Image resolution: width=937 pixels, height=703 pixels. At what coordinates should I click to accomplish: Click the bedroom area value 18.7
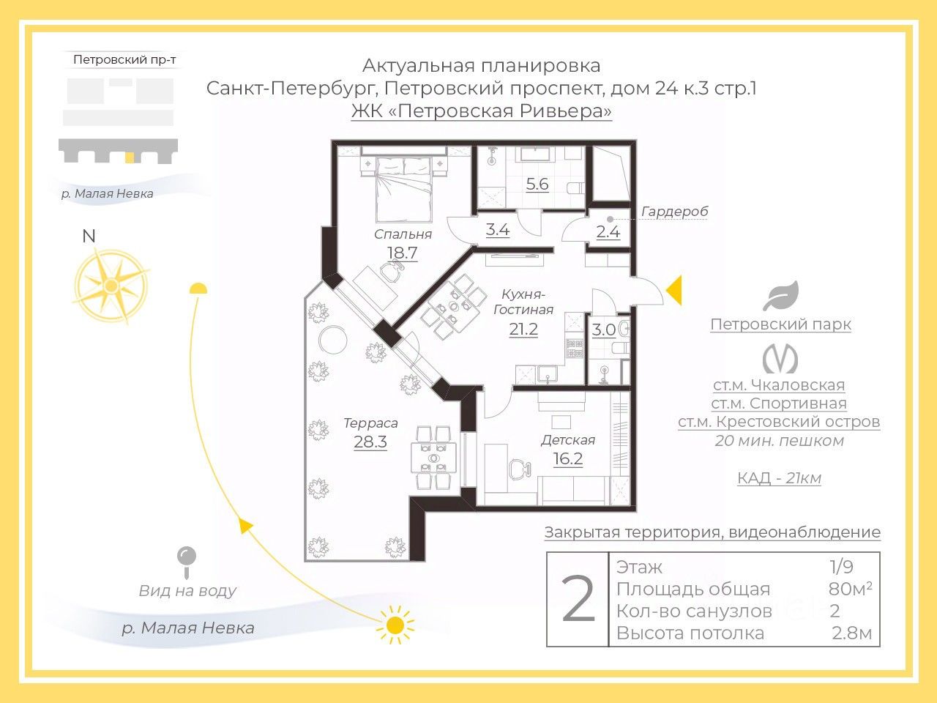(x=402, y=253)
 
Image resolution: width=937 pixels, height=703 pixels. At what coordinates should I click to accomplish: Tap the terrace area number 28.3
(x=370, y=442)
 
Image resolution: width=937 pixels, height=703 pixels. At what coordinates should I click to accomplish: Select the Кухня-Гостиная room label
(x=523, y=302)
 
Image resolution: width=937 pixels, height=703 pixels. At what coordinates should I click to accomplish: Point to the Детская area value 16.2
(x=568, y=459)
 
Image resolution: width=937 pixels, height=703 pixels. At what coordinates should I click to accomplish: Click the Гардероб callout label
(x=674, y=211)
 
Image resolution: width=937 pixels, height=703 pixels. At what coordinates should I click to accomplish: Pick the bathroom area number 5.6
(x=537, y=184)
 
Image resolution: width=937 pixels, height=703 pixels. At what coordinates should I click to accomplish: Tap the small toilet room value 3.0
(x=604, y=330)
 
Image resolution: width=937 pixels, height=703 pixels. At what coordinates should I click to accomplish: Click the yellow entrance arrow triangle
(x=674, y=290)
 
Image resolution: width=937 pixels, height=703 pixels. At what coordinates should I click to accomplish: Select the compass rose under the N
(x=111, y=285)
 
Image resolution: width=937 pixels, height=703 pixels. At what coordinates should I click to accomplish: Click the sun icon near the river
(x=395, y=625)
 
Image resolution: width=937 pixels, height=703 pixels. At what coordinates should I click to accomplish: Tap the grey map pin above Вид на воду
(x=187, y=562)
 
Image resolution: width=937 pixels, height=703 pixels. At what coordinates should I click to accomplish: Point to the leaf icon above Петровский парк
(x=781, y=295)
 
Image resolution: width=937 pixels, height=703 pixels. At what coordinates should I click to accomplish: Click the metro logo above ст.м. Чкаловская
(x=780, y=359)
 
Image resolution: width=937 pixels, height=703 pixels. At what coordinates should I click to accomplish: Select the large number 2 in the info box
(x=578, y=600)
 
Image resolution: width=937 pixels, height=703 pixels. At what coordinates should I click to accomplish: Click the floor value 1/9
(x=841, y=567)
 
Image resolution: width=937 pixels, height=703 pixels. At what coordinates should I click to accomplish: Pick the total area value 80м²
(x=850, y=589)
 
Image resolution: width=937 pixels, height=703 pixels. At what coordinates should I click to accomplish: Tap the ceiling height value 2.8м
(x=851, y=633)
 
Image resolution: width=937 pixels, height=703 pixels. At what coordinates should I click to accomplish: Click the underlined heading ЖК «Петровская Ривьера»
(x=482, y=111)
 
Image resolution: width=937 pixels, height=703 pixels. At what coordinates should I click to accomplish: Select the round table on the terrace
(x=333, y=339)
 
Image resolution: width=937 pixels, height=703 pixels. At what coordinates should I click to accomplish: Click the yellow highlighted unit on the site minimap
(x=130, y=157)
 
